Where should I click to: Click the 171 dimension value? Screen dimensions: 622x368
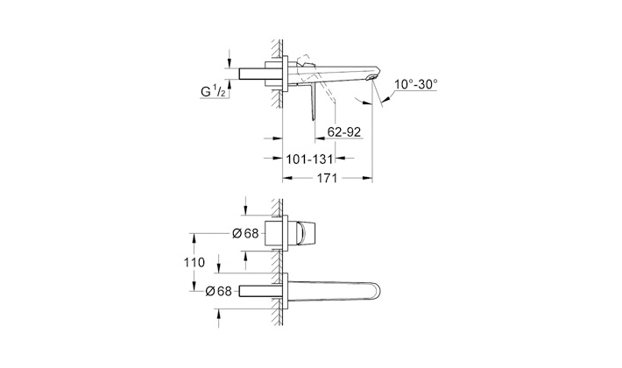pos(327,178)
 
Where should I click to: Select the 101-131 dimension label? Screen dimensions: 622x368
pos(309,159)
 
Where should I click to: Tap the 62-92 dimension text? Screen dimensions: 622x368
pos(344,132)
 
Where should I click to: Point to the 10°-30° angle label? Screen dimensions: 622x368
pos(416,84)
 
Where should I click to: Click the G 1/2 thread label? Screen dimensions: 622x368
pos(214,92)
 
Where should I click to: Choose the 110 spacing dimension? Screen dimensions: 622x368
pos(194,262)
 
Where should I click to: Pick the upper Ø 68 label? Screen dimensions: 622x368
pos(245,234)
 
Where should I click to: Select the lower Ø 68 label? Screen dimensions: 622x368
pos(218,291)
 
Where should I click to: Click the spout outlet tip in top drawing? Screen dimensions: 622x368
pos(372,77)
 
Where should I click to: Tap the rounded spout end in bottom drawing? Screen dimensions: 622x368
pos(375,293)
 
